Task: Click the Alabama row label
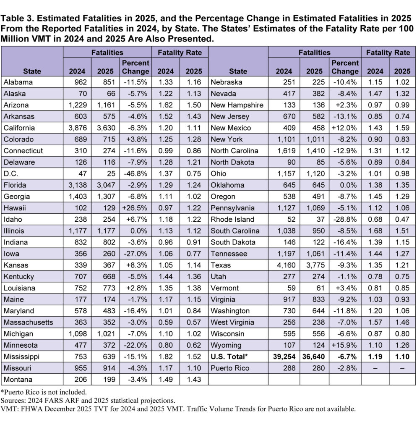pyautogui.click(x=18, y=82)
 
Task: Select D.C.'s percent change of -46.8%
pyautogui.click(x=136, y=173)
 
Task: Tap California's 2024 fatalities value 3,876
pyautogui.click(x=77, y=128)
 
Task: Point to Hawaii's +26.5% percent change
pyautogui.click(x=136, y=208)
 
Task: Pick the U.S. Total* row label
pyautogui.click(x=229, y=357)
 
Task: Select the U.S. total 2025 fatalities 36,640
pyautogui.click(x=314, y=357)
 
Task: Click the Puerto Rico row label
pyautogui.click(x=229, y=368)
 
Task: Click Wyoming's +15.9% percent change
pyautogui.click(x=345, y=345)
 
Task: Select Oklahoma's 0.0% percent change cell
pyautogui.click(x=345, y=185)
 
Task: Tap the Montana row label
pyautogui.click(x=17, y=380)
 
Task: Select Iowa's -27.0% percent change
pyautogui.click(x=136, y=254)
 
